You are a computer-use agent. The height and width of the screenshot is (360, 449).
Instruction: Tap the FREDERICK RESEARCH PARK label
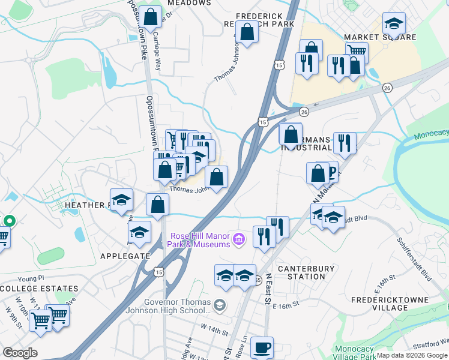coord(265,19)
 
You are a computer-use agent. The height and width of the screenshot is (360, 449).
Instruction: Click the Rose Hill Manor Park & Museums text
coord(200,240)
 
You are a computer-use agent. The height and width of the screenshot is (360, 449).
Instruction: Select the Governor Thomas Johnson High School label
coord(169,307)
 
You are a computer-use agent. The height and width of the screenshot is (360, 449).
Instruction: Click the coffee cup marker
coord(261,347)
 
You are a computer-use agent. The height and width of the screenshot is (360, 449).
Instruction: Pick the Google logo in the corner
coord(20,353)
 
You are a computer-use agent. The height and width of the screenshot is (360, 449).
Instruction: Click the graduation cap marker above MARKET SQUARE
coord(394,23)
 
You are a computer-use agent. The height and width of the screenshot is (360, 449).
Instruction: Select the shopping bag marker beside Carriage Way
coord(151,15)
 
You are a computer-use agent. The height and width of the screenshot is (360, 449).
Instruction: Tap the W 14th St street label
coord(215,329)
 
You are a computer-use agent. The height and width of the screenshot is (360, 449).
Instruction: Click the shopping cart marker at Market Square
coord(356,52)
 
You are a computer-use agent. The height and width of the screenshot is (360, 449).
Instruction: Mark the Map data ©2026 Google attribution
coord(412,355)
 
